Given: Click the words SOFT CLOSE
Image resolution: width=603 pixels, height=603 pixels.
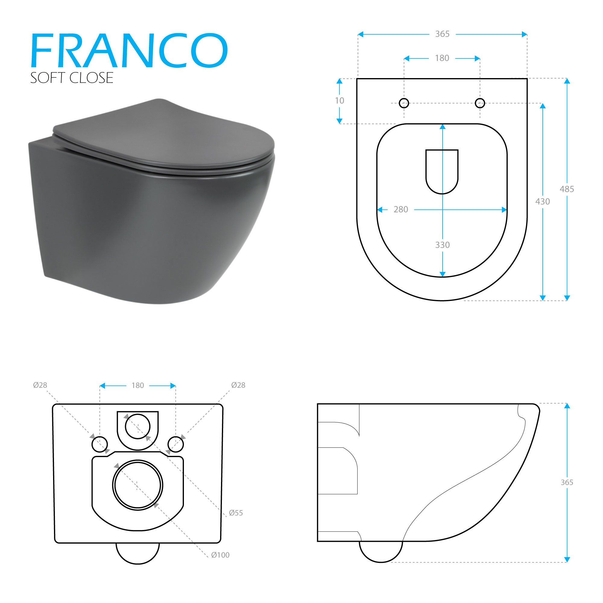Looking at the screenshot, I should coord(71,78).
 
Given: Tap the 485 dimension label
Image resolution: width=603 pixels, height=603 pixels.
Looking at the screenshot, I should coord(567,189).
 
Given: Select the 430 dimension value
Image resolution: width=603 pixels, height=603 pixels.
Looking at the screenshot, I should coord(542,202).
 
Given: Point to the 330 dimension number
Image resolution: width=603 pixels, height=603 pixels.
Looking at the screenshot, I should coord(442,245).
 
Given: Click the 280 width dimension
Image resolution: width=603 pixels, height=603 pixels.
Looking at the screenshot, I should coord(401,210).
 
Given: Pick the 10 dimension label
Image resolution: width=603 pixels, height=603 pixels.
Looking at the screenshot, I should coord(339,101).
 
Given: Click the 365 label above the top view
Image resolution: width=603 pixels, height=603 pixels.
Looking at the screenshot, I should coord(442,34).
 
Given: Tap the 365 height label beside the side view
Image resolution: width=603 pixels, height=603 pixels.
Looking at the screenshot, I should coord(567,482).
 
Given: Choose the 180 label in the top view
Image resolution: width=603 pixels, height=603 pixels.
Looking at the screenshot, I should coord(442,58).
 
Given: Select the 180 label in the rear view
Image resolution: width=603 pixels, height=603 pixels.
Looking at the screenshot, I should coord(138,385).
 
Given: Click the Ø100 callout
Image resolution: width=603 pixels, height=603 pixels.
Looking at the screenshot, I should coord(220,555).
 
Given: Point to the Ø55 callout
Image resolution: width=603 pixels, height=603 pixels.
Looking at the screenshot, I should coord(236,513).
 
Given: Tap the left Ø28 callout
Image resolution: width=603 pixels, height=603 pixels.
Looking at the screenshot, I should coord(40,385).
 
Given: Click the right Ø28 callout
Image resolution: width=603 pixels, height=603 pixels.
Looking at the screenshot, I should coord(238,385).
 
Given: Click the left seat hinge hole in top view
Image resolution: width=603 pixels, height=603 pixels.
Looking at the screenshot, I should coord(404,103).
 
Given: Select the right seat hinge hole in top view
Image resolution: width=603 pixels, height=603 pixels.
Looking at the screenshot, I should coord(480,103).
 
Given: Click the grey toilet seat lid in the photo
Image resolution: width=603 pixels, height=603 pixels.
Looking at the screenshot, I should coord(162,134).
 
